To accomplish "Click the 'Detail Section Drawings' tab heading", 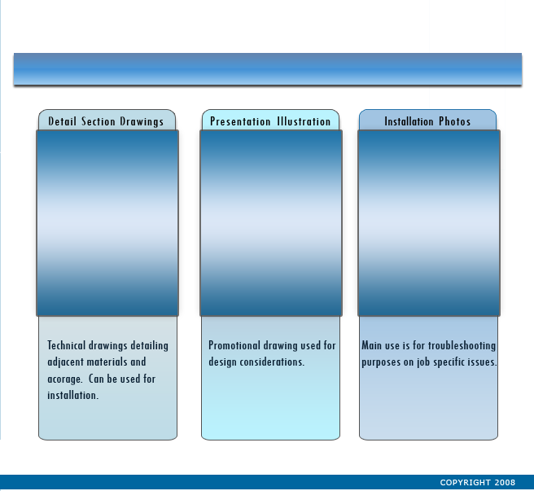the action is (x=106, y=121).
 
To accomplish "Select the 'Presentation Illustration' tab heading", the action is (x=270, y=121).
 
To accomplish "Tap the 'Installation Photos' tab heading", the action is (x=427, y=121).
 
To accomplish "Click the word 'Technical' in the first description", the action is (x=67, y=345).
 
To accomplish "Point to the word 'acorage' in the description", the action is (x=64, y=379).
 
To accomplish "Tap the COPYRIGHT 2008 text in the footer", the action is (x=478, y=483).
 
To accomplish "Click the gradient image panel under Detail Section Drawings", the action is (x=107, y=223).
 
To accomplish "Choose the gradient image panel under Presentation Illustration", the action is (x=271, y=223).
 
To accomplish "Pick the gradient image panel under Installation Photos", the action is (x=429, y=223).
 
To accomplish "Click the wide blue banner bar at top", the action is (x=268, y=69).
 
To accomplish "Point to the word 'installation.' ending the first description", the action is (x=73, y=395).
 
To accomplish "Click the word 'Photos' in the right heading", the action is (x=455, y=121).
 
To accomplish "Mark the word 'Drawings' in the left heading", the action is (x=142, y=122).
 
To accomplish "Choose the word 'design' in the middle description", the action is (x=223, y=362).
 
